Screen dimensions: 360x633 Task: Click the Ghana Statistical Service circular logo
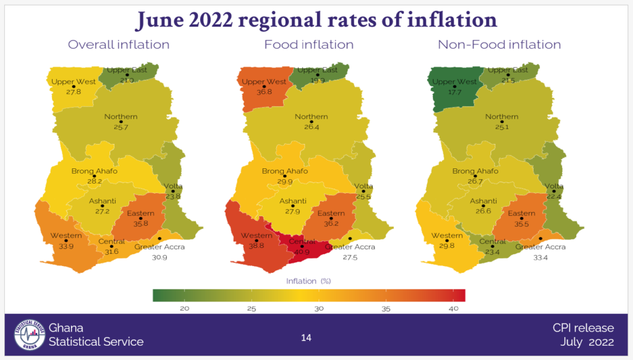click(30, 335)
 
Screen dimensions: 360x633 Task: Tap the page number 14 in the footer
click(306, 338)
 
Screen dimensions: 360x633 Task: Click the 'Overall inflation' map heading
click(119, 45)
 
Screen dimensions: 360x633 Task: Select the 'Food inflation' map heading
click(308, 45)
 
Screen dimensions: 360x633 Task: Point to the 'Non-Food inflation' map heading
click(499, 45)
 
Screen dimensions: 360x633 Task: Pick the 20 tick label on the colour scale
click(184, 308)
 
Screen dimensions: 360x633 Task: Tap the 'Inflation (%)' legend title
click(308, 281)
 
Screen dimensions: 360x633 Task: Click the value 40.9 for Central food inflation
click(302, 252)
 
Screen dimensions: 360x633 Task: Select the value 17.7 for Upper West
click(454, 92)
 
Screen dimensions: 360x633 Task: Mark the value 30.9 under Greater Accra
click(159, 257)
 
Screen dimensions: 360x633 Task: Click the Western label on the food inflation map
click(257, 236)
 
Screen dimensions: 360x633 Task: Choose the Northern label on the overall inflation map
click(121, 117)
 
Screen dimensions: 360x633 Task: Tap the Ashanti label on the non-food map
click(483, 201)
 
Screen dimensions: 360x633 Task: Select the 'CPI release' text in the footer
click(583, 328)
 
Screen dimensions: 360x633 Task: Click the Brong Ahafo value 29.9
click(284, 181)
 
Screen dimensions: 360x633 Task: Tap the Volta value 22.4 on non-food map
click(554, 196)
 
